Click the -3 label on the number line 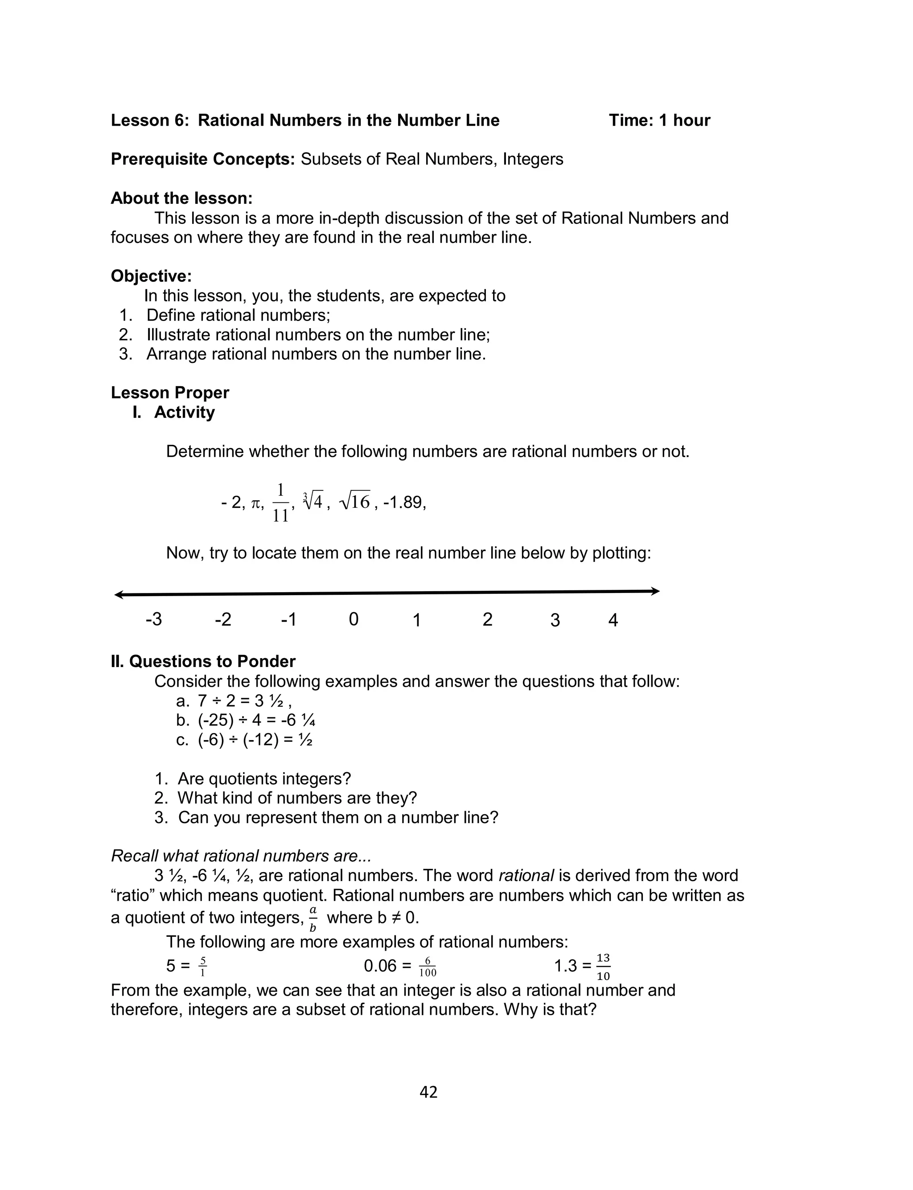click(x=154, y=619)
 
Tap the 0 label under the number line click(x=353, y=619)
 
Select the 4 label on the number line click(x=613, y=620)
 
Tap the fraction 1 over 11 click(x=280, y=502)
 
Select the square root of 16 click(x=355, y=502)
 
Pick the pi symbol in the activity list click(x=256, y=504)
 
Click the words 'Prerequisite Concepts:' click(x=203, y=159)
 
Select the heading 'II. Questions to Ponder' click(x=203, y=661)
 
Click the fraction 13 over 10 click(x=603, y=967)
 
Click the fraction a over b click(x=313, y=919)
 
